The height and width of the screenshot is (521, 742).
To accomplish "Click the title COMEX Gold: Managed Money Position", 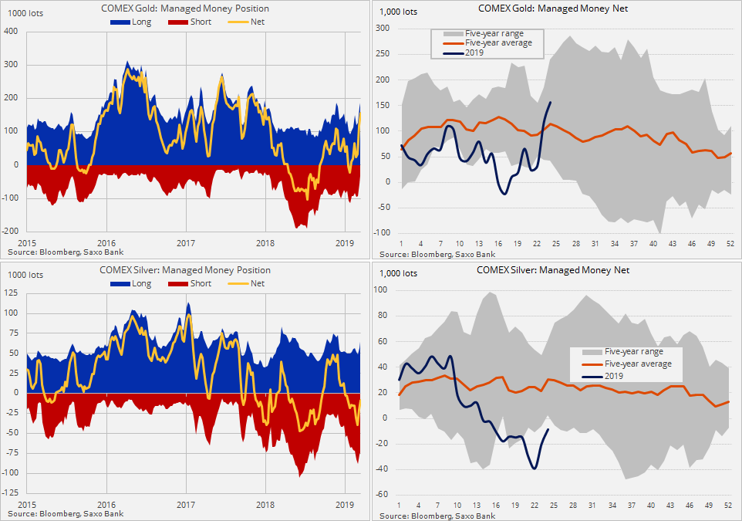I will point(185,8).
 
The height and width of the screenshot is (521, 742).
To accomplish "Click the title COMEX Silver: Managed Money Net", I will point(553,270).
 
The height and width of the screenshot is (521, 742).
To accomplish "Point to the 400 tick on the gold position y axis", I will point(12,31).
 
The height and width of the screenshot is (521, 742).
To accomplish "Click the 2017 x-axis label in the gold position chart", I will point(186,244).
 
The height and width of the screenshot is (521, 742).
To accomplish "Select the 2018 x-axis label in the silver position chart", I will point(265,505).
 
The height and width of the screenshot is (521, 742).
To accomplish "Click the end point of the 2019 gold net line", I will point(550,102).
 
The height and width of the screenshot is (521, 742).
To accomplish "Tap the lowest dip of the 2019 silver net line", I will point(534,468).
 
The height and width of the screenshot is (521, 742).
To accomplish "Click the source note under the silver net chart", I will point(437,514).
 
